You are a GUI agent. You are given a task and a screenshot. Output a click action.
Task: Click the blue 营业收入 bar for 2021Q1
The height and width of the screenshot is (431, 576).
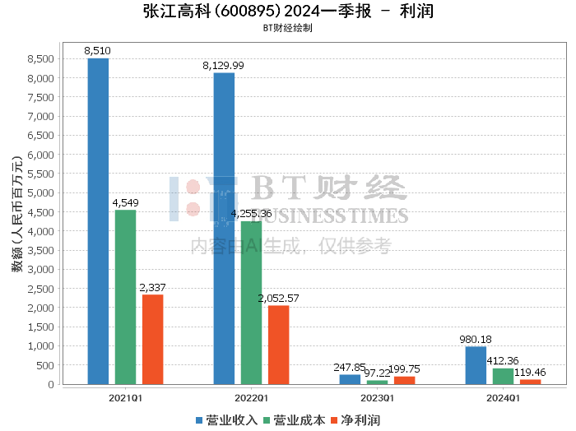point(98,221)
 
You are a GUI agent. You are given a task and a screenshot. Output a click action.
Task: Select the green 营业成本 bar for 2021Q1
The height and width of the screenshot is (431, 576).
point(125,297)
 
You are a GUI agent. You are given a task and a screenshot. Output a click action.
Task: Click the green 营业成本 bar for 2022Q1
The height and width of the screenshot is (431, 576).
point(251,303)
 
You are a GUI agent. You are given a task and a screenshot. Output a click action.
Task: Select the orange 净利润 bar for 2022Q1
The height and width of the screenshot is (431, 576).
point(278,345)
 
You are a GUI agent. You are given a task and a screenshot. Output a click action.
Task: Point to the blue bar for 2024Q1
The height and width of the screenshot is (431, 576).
point(476,365)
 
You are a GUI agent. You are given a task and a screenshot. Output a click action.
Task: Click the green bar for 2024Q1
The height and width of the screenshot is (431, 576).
point(503,376)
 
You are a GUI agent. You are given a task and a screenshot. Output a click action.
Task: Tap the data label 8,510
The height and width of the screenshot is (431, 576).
point(98,51)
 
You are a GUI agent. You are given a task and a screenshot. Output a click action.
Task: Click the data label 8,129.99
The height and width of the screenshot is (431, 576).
point(223,65)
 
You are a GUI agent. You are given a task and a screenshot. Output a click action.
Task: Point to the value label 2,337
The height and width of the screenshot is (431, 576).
point(152,287)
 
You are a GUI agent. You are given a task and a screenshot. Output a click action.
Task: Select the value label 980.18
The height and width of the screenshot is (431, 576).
point(476,339)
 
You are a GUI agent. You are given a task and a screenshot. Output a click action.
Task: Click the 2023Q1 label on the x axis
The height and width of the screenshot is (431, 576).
point(377,397)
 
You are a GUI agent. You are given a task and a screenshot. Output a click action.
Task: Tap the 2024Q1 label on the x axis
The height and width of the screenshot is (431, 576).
point(503,397)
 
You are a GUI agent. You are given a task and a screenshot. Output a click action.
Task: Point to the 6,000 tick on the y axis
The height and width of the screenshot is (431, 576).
point(41,155)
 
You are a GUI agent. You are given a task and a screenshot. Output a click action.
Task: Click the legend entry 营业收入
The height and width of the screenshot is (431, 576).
point(226,420)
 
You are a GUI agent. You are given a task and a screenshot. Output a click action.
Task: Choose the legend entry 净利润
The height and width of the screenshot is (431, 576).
point(355,420)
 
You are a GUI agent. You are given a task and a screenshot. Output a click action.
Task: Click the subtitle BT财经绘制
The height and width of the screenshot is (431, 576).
point(287,28)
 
